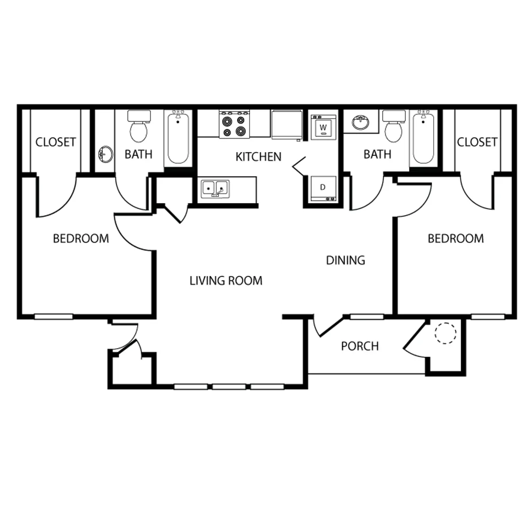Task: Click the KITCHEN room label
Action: pos(258,157)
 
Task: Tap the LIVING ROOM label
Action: pos(226,281)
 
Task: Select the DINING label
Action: pos(346,260)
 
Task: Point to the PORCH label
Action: pos(360,346)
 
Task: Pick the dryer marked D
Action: pos(323,188)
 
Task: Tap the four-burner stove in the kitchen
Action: pos(234,124)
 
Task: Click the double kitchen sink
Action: pos(215,189)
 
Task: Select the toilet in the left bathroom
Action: pos(139,126)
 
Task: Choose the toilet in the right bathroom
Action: pos(393,126)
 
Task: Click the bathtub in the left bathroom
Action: pos(178,138)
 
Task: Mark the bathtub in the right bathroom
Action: pos(423,138)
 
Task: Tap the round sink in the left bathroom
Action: pos(106,154)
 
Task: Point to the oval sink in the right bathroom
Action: pos(361,122)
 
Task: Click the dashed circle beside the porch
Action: pos(446,333)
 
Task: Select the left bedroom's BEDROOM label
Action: pos(81,239)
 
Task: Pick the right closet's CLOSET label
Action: pos(477,142)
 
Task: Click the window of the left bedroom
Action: pos(54,317)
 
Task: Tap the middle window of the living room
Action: pos(229,387)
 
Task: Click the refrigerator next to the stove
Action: pos(287,125)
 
